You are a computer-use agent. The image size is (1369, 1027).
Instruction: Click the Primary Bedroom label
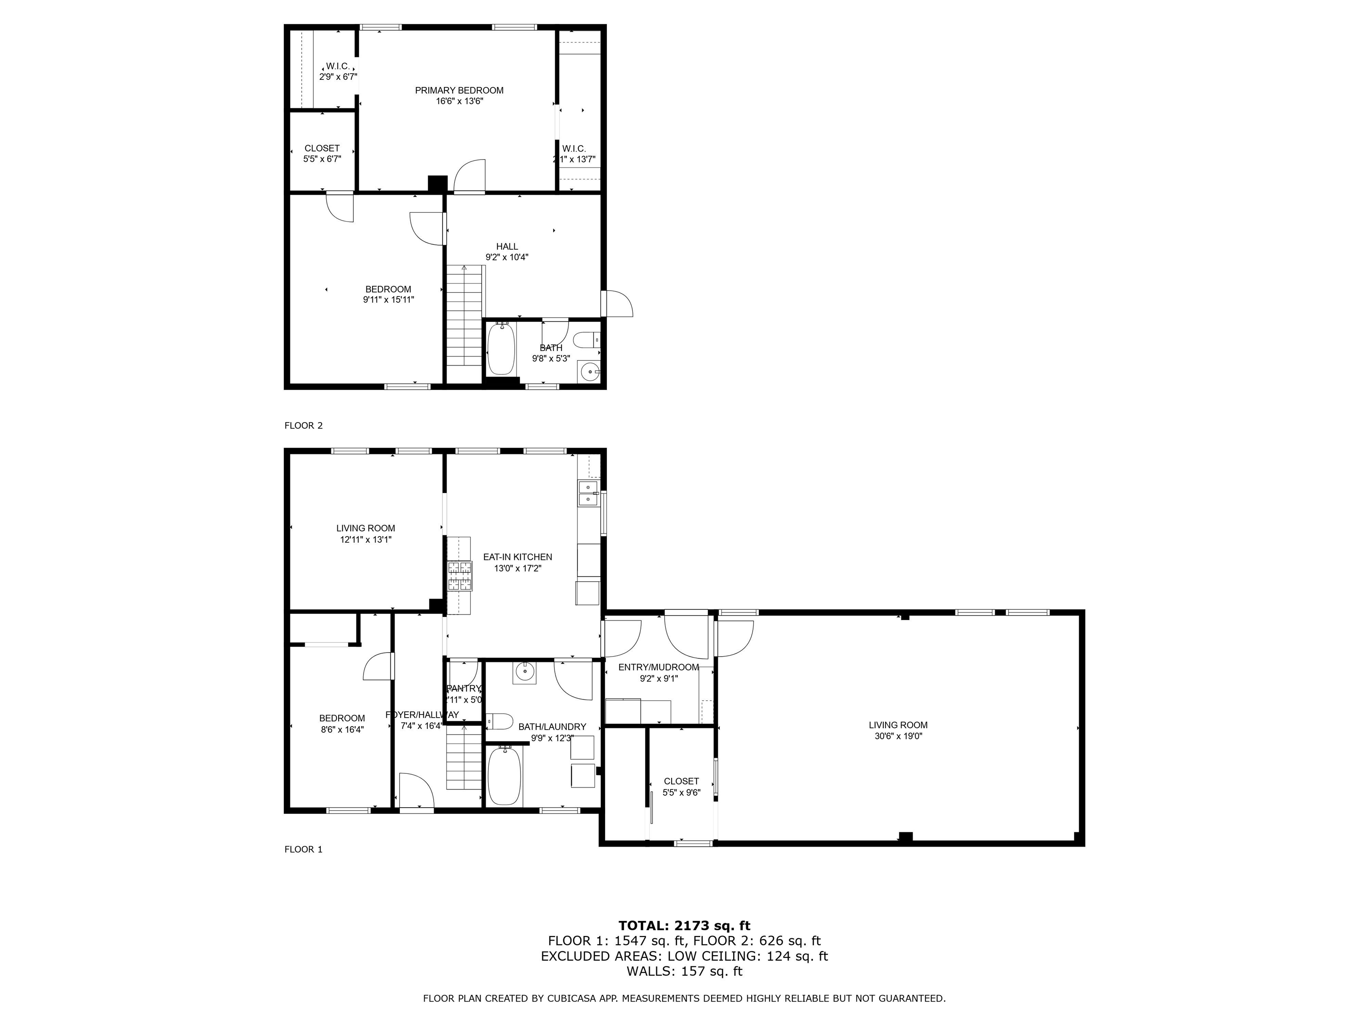point(459,90)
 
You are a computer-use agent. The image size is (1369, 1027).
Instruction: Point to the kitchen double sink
point(587,493)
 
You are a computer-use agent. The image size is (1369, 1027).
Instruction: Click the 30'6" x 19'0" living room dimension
point(898,736)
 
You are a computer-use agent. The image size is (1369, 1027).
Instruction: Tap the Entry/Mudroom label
point(659,667)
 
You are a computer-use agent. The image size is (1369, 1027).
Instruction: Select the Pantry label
point(463,688)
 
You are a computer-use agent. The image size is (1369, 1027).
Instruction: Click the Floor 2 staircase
point(464,316)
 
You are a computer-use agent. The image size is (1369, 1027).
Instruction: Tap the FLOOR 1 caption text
point(303,849)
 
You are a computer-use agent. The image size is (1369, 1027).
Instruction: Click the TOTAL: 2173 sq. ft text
point(684,925)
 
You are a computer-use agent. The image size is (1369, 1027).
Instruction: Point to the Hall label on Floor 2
point(507,246)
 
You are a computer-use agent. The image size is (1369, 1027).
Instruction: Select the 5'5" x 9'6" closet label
point(681,792)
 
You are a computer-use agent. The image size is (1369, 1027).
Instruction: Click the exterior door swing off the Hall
point(619,304)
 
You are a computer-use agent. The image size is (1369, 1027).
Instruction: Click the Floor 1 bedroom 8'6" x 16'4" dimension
point(342,729)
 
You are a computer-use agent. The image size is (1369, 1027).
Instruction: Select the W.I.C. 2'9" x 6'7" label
point(338,77)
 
